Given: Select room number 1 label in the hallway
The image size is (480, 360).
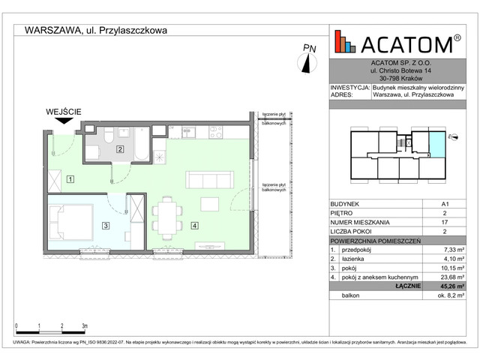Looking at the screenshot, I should click(x=70, y=178).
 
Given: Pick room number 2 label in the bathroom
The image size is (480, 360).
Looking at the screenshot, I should click(x=120, y=149).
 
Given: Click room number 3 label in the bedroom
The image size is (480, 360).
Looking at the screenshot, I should click(x=106, y=225).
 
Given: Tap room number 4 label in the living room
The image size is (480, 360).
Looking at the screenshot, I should click(x=193, y=225).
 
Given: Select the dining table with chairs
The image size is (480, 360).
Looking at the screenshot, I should click(x=166, y=214).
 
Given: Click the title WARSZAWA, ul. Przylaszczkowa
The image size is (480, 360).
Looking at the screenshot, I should click(x=96, y=31).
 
